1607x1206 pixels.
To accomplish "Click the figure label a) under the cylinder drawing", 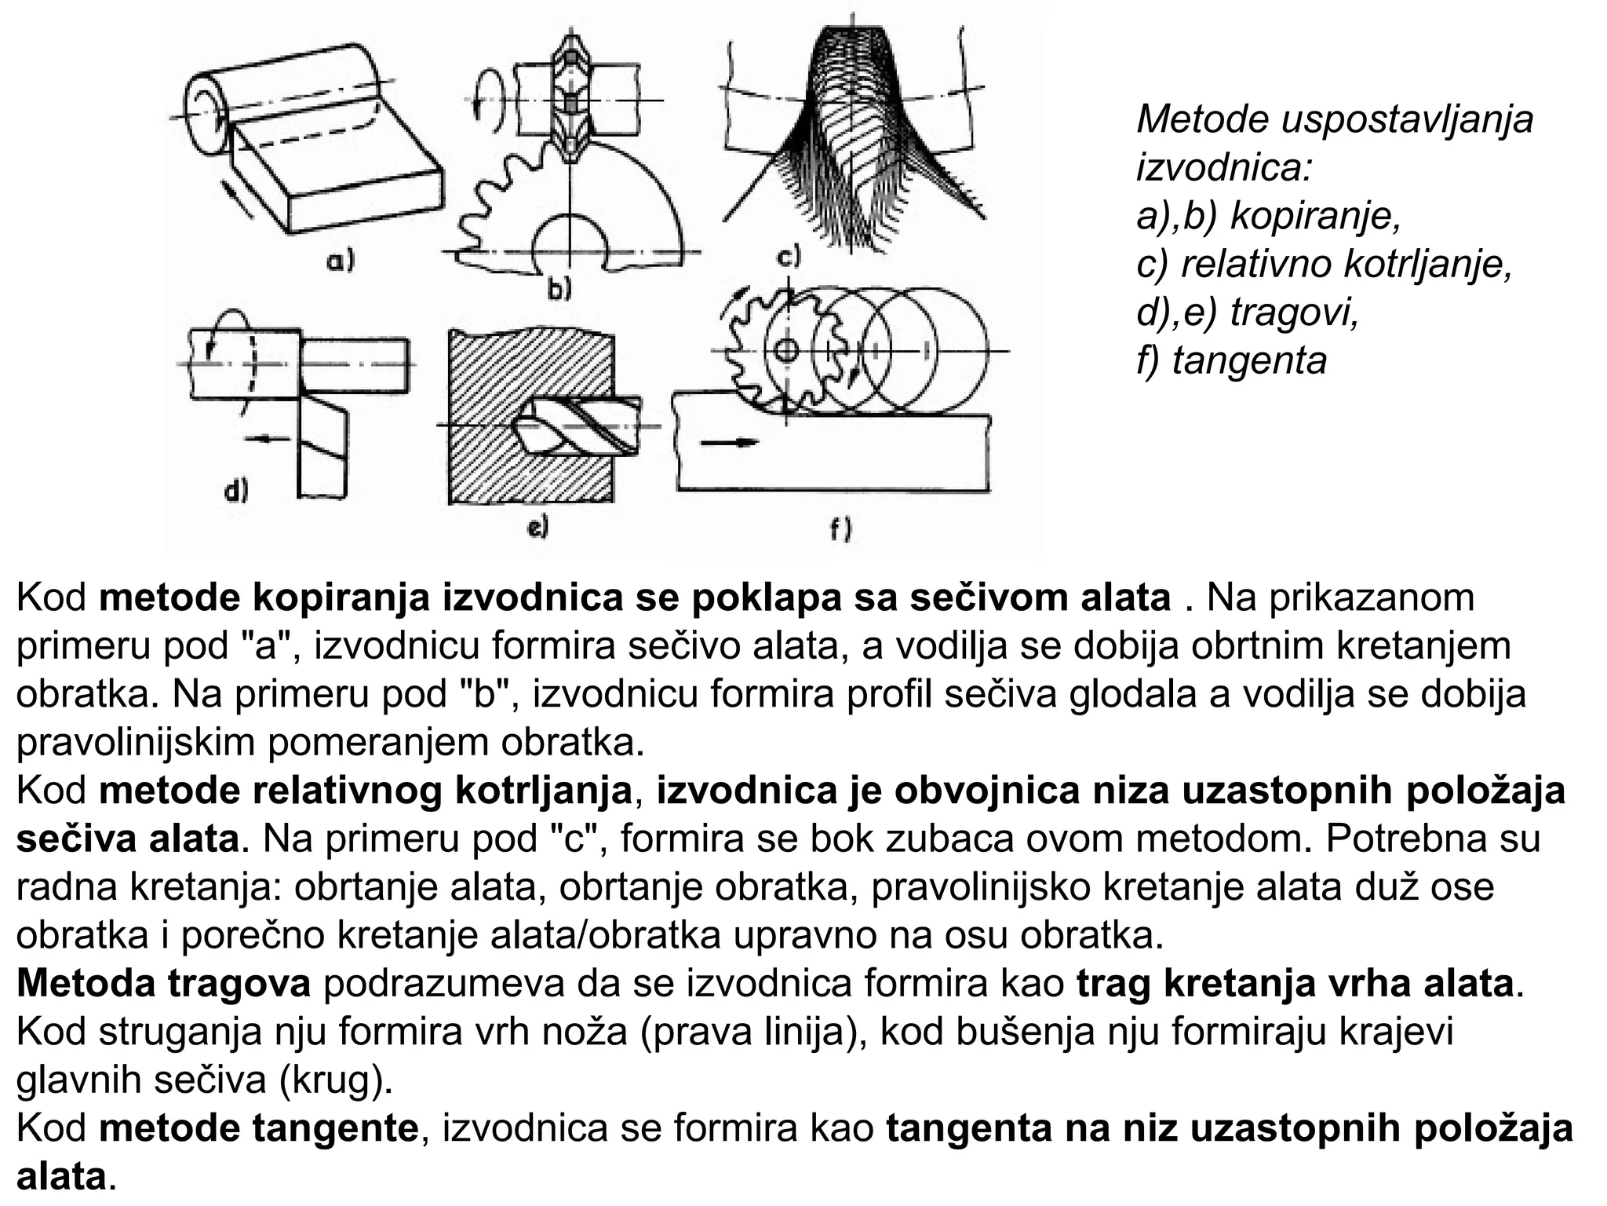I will tap(341, 260).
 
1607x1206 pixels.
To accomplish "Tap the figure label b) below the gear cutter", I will tap(559, 290).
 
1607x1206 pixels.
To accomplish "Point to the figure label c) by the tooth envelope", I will tap(787, 257).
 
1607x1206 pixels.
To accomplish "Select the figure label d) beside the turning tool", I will tap(235, 492).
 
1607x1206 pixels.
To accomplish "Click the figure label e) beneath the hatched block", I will tap(537, 528).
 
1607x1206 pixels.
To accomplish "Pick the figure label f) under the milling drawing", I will tap(840, 531).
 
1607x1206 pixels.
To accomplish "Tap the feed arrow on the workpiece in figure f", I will tap(730, 443).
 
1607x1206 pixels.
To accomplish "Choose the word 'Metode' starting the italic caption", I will tap(1202, 119).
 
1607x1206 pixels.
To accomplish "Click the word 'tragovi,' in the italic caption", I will tap(1294, 312).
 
